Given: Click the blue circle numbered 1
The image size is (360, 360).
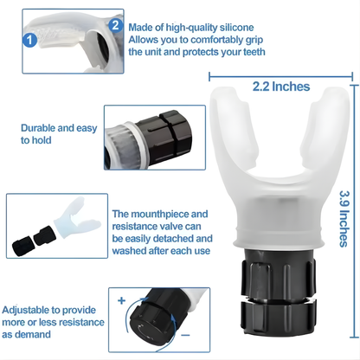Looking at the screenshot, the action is [x=29, y=40].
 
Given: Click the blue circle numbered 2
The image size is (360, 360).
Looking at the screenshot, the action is [x=115, y=25].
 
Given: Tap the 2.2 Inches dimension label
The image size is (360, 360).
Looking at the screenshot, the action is [x=281, y=87].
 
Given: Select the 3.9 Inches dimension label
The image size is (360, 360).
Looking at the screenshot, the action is [x=344, y=219].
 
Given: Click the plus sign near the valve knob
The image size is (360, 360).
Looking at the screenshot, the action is [x=122, y=300].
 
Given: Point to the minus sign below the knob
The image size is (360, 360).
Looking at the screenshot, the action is [x=185, y=335].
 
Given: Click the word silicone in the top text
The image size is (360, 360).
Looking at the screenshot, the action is [x=236, y=28].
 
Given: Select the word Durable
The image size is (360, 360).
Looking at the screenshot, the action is [x=37, y=128].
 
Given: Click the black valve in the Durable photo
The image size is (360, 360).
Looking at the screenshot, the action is [x=164, y=139].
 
